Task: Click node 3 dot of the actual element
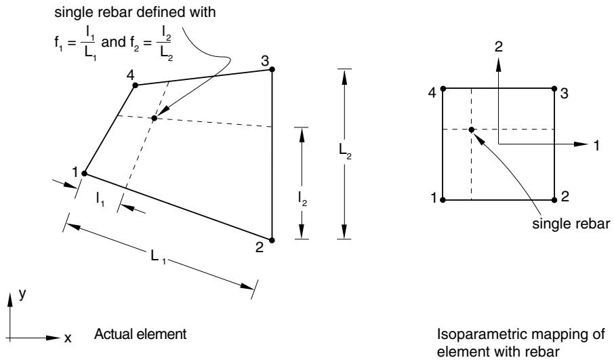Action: coord(272,69)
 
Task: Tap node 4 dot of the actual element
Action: coord(135,85)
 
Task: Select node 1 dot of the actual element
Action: coord(84,174)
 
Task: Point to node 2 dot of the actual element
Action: coord(272,240)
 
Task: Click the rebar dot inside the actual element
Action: coord(155,118)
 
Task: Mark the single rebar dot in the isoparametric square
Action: coord(472,129)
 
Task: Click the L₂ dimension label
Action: coord(345,152)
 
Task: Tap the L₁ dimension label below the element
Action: coord(158,257)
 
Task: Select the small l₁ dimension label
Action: coord(100,199)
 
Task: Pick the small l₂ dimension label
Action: coord(302,199)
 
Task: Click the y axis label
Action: coord(22,294)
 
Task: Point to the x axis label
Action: coord(68,338)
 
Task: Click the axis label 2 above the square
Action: coord(498,47)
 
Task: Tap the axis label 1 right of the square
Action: coord(597,146)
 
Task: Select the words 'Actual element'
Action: coord(140,334)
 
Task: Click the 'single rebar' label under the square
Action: coord(571,224)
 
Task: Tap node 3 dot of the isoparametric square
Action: coord(554,89)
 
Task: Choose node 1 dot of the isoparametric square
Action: coord(443,200)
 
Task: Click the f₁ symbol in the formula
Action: coord(59,42)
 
